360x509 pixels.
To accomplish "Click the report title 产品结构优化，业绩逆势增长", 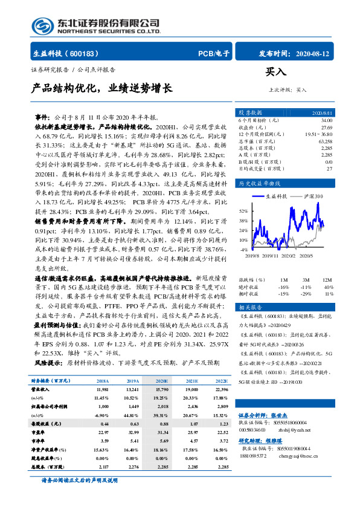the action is pos(101,88).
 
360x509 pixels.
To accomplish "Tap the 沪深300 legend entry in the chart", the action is pos(311,196).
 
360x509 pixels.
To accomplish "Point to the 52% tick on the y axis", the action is pos(243,211).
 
